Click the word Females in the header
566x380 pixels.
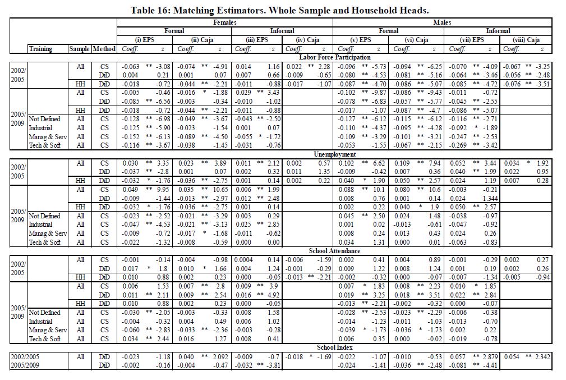point(225,22)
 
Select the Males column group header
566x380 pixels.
point(442,22)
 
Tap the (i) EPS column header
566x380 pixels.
point(144,40)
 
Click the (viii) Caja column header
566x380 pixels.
point(526,40)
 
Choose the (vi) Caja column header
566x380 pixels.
point(416,40)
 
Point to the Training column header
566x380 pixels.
point(40,49)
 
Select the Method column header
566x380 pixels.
point(104,49)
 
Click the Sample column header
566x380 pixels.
point(80,49)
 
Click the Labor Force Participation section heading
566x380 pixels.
point(335,57)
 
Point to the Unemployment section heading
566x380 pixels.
point(335,154)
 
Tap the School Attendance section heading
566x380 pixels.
point(335,251)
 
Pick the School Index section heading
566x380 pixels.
point(335,347)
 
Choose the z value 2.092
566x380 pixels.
point(219,356)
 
